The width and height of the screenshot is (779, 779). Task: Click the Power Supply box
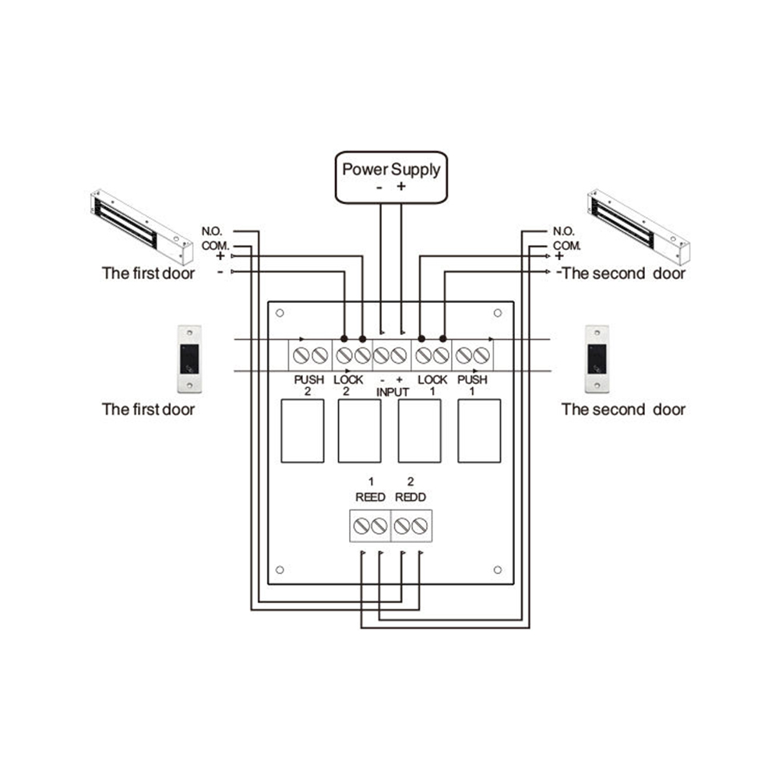(x=392, y=177)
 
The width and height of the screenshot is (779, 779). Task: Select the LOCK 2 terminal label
(x=347, y=385)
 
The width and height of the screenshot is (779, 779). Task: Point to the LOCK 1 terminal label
(x=432, y=385)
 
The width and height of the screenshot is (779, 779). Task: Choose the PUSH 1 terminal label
(x=472, y=385)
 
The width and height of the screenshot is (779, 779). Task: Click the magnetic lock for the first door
(x=141, y=227)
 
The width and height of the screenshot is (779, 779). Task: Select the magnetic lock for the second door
(x=637, y=225)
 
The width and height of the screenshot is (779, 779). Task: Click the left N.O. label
(x=213, y=231)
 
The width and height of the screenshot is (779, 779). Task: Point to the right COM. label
(x=568, y=244)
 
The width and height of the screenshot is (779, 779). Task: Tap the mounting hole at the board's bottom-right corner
(x=498, y=569)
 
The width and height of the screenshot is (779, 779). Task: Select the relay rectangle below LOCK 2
(x=359, y=431)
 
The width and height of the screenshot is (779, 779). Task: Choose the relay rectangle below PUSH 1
(x=478, y=431)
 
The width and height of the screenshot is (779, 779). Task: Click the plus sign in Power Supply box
(x=401, y=187)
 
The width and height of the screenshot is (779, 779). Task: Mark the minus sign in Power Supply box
(x=379, y=188)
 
